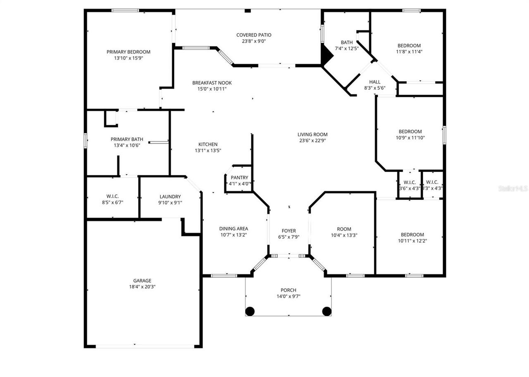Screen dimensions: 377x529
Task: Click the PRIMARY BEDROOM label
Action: point(128,52)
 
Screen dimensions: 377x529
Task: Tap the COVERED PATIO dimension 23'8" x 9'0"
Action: point(254,41)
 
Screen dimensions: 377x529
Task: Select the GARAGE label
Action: point(142,280)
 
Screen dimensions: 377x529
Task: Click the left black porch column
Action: point(250,311)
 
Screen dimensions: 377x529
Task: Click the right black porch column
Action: point(326,311)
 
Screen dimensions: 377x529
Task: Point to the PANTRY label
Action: point(239,178)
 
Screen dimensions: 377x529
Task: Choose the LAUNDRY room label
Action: point(170,197)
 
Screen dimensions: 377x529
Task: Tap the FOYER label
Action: point(288,231)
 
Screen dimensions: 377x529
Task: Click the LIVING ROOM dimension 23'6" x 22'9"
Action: point(312,140)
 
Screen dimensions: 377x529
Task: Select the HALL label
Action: point(374,82)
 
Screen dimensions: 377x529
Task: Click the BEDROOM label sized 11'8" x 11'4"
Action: point(409,46)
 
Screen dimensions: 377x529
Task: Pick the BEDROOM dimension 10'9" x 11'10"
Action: point(410,138)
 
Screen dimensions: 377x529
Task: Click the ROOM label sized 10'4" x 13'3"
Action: point(344,229)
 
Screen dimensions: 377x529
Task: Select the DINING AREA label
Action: point(234,228)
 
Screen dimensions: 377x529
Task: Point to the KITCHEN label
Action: point(208,144)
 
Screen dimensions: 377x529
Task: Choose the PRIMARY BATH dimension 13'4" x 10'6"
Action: point(126,145)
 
